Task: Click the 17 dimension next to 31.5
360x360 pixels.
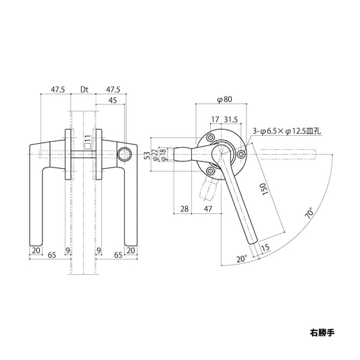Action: pos(214,120)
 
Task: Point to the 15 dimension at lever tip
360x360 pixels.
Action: pos(265,249)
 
